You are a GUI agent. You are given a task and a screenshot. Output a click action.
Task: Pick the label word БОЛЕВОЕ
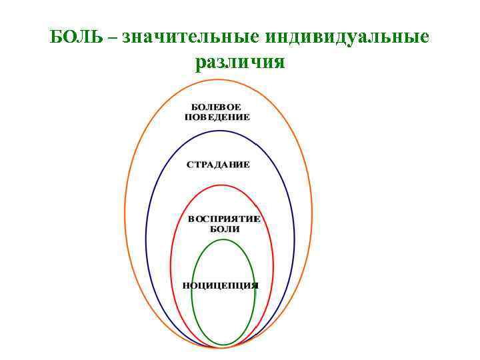click(217, 107)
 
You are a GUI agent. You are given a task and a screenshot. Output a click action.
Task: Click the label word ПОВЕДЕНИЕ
click(217, 117)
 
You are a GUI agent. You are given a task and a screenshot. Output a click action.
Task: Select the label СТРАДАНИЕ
click(218, 165)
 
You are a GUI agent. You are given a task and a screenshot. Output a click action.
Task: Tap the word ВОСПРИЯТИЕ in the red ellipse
click(224, 219)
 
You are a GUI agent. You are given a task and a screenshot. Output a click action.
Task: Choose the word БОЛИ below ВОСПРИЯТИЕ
click(225, 229)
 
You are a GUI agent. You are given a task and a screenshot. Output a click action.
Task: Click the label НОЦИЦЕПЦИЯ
click(221, 285)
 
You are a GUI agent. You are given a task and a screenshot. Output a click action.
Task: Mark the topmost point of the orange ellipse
click(219, 79)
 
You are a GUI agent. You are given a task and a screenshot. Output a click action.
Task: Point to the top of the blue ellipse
click(221, 131)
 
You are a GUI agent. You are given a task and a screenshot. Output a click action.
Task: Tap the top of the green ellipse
click(223, 239)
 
